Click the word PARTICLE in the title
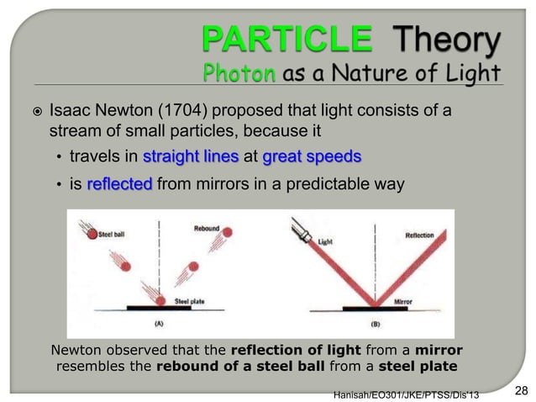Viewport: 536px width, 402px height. (x=283, y=38)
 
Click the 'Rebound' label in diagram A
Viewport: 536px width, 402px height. (x=206, y=226)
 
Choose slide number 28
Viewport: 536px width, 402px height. (x=520, y=389)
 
